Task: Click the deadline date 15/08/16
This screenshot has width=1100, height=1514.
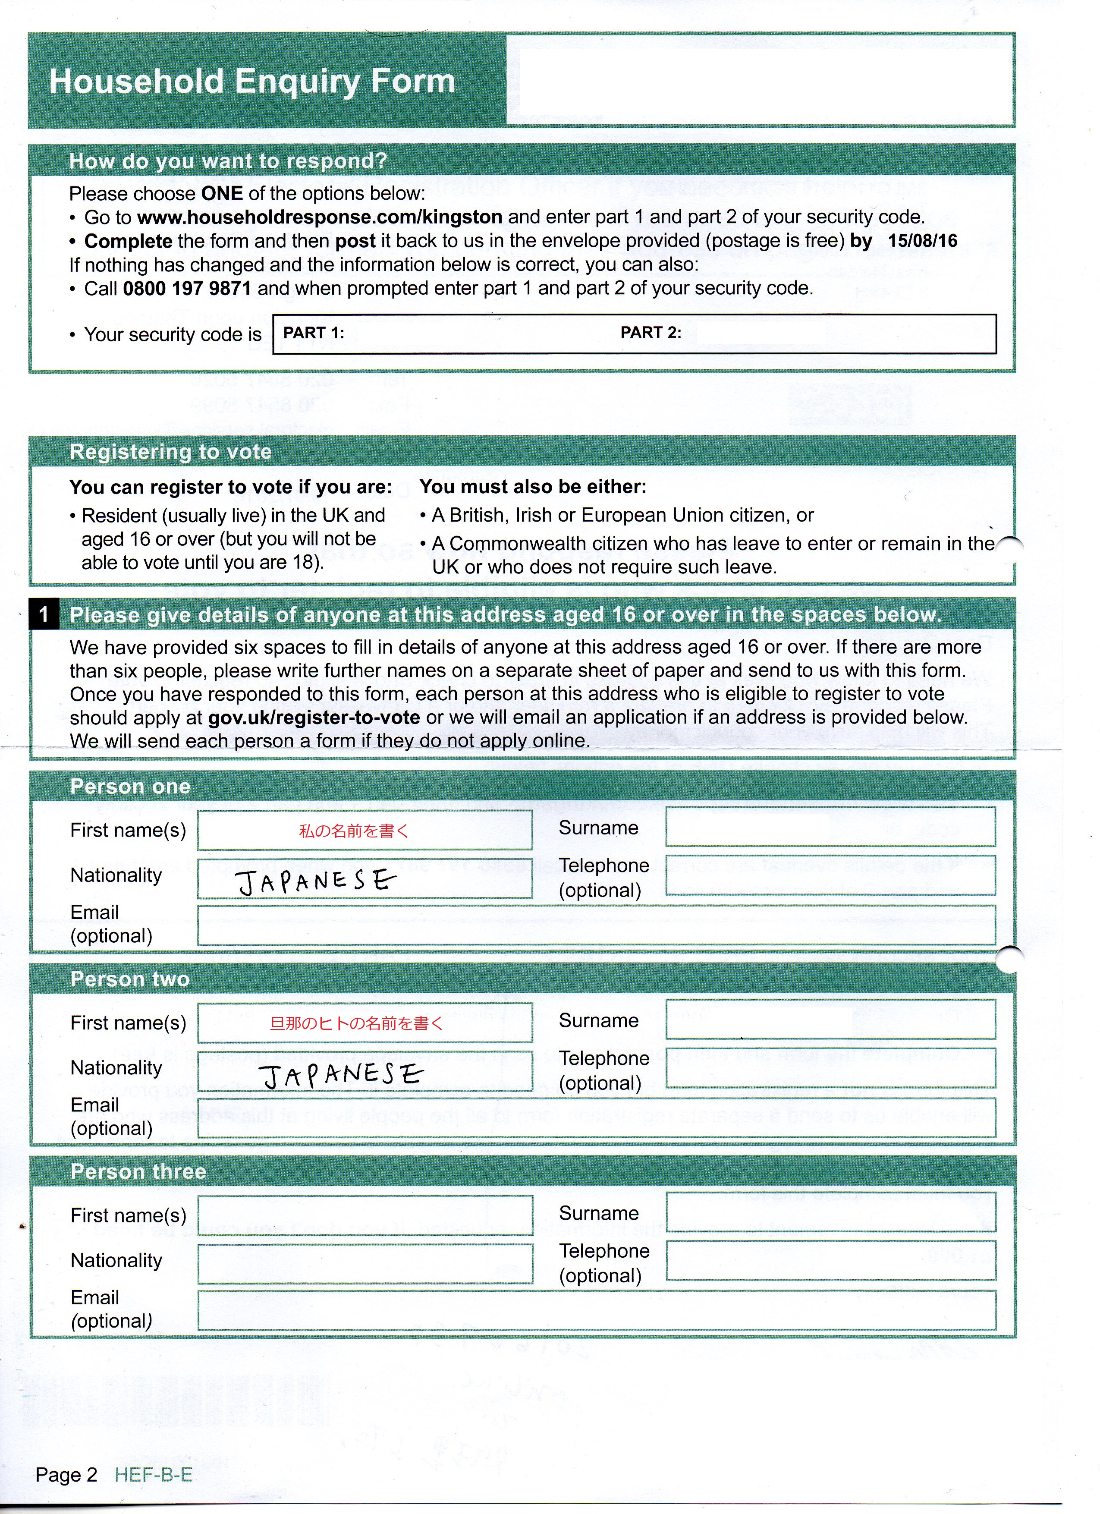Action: click(x=922, y=241)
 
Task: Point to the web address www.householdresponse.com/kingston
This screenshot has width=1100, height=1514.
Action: click(x=320, y=217)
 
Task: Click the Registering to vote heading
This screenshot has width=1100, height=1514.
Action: click(x=170, y=452)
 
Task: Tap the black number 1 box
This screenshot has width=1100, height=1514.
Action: click(x=44, y=614)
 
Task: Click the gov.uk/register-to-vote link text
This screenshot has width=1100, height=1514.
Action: click(x=314, y=718)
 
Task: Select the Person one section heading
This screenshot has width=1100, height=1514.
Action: click(x=130, y=787)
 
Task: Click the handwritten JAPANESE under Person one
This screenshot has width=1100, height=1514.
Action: click(x=317, y=882)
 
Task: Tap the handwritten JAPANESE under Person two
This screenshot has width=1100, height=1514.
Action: click(x=342, y=1075)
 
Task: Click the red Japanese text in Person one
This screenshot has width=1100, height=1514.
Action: click(x=353, y=831)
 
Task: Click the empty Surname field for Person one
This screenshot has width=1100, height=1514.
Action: click(x=830, y=827)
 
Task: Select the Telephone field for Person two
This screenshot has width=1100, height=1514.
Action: click(x=830, y=1068)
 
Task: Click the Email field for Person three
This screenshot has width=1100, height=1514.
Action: click(x=596, y=1310)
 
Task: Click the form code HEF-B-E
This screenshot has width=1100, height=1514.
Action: click(x=154, y=1475)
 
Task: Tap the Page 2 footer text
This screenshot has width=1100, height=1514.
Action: click(x=66, y=1475)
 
